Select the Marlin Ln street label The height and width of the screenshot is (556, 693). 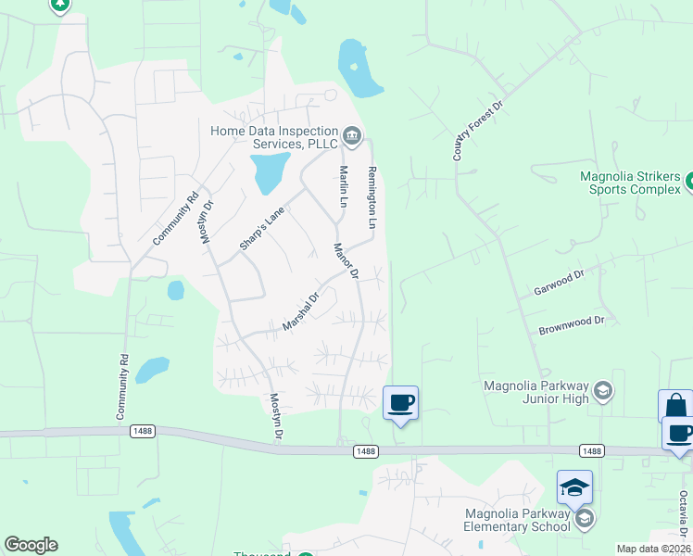point(343,186)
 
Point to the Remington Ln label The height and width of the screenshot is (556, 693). point(372,198)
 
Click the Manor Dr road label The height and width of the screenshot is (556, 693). point(346,260)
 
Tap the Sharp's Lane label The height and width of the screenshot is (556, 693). point(262,228)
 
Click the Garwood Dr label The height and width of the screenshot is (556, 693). point(559,284)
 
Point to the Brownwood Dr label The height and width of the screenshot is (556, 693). point(571,324)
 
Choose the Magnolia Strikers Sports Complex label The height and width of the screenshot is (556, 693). point(630,183)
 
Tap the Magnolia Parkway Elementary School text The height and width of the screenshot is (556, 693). point(517,521)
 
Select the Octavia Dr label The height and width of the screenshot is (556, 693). point(684,511)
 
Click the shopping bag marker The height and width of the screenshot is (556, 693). point(674,406)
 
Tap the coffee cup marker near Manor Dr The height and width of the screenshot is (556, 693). point(400,403)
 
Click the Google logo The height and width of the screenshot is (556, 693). point(31,545)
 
